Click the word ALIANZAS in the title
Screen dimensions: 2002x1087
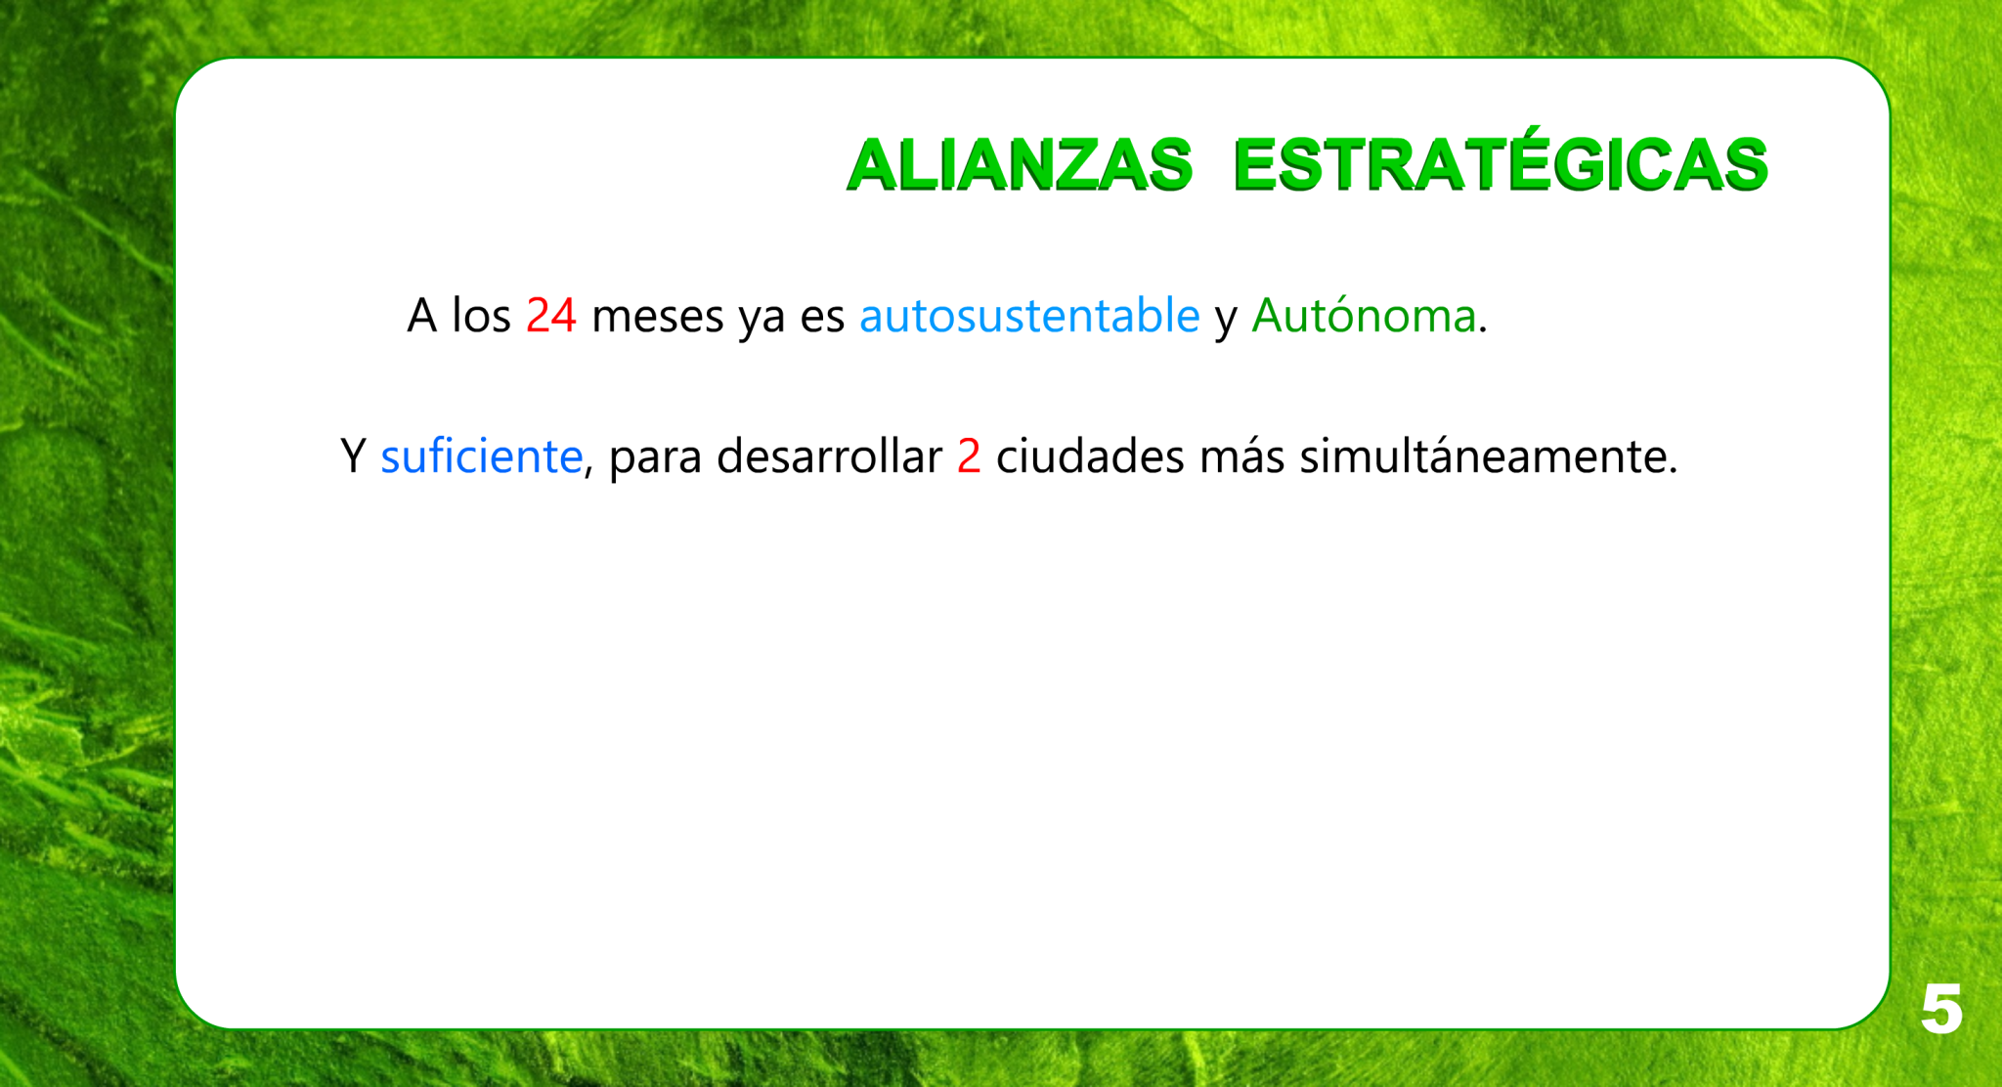(1020, 163)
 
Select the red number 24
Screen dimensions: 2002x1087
(551, 316)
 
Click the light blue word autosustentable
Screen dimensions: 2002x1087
(1029, 315)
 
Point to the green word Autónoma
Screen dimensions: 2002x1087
(1364, 315)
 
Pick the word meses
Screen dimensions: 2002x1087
(657, 318)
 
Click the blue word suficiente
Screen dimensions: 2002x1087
(481, 456)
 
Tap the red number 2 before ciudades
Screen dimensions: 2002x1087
(969, 457)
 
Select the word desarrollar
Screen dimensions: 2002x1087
(829, 456)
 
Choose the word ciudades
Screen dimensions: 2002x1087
(1090, 456)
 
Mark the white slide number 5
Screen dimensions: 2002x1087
(1941, 1009)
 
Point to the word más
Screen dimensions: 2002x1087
(1241, 457)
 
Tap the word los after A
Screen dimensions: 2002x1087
(481, 315)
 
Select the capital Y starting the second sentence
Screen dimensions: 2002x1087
(353, 457)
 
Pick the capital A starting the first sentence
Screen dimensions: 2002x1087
(421, 316)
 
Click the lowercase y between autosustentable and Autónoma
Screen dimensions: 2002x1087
(1226, 322)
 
